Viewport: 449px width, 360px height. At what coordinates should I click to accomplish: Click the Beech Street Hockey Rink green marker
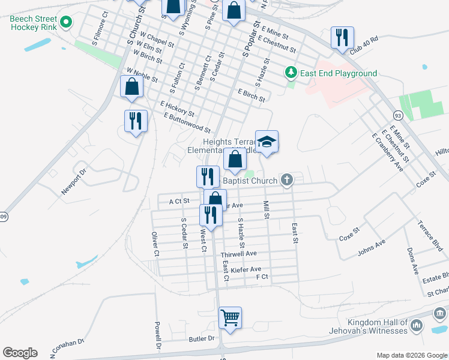(67, 24)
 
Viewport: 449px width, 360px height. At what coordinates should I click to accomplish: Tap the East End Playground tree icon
(291, 73)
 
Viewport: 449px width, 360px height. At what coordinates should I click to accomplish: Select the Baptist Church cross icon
(288, 179)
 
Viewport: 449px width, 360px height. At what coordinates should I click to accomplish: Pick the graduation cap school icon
(267, 142)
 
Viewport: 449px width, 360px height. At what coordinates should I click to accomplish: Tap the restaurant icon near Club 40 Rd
(342, 37)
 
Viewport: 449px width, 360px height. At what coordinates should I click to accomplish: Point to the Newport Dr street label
(74, 181)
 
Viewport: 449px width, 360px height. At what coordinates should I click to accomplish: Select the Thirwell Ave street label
(240, 254)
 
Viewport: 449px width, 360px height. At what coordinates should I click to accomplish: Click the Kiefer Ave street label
(246, 269)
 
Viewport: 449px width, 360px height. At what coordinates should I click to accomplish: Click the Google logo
(20, 353)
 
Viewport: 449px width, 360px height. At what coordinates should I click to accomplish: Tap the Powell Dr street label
(158, 337)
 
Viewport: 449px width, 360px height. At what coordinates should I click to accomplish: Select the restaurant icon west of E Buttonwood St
(136, 121)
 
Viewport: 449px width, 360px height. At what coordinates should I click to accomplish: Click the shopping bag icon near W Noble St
(131, 86)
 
